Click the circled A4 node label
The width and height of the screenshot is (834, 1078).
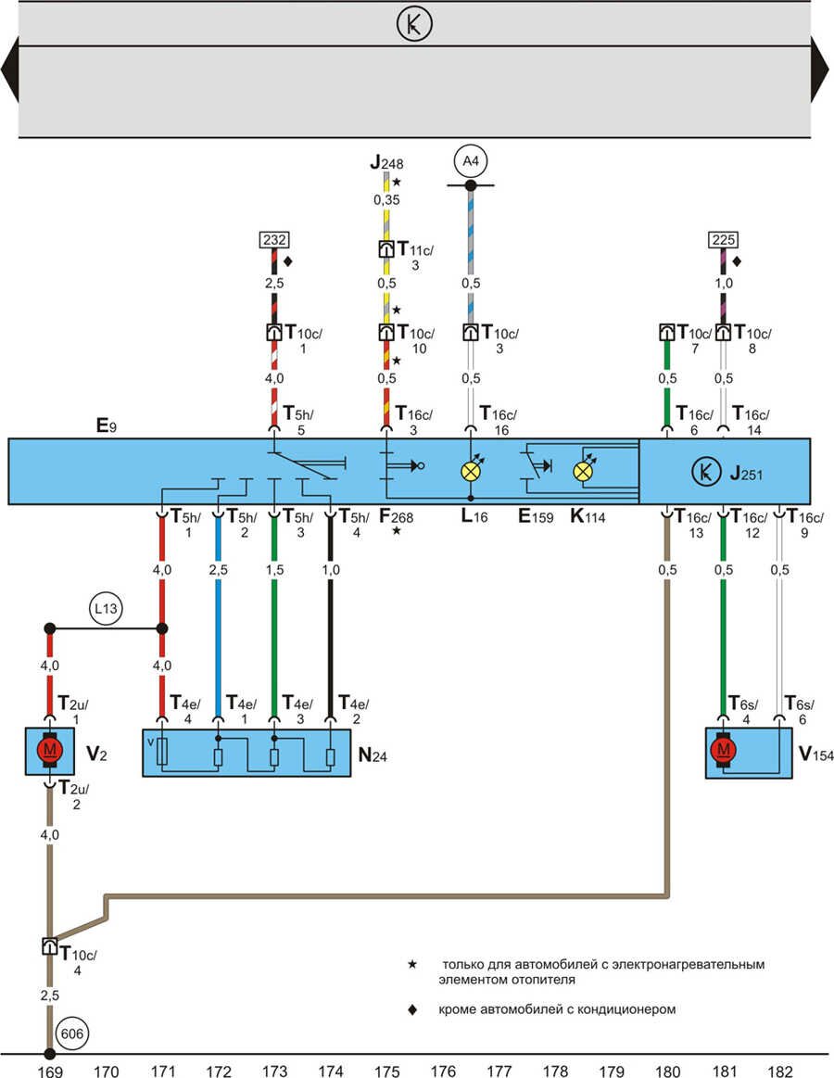(x=471, y=163)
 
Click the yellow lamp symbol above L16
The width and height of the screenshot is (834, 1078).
(x=471, y=471)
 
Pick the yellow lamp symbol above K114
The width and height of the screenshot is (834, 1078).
(x=583, y=471)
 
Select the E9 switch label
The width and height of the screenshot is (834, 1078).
(x=105, y=428)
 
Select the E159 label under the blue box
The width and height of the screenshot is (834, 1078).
(x=537, y=517)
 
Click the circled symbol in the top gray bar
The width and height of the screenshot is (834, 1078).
(x=414, y=24)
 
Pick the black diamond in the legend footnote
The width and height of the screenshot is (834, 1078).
(x=412, y=1008)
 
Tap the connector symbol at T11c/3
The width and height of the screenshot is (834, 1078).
(x=386, y=249)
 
